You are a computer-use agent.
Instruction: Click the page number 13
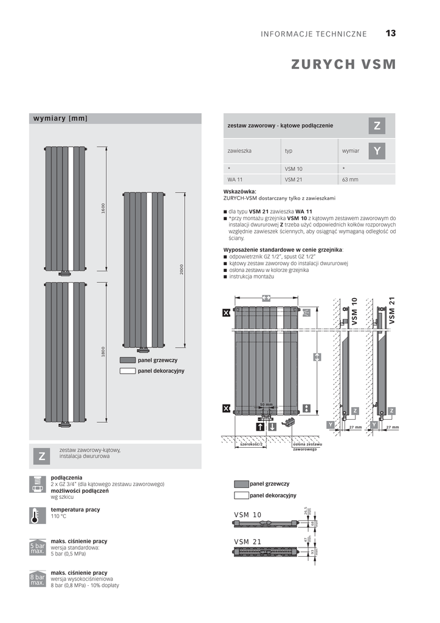click(390, 33)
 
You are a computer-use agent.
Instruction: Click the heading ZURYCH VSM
click(343, 64)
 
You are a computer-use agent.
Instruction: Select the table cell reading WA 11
click(235, 179)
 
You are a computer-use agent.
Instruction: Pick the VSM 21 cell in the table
click(294, 179)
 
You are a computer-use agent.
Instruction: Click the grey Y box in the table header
click(377, 150)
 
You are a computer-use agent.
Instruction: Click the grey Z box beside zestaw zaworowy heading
click(377, 126)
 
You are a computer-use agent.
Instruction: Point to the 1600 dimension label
click(103, 208)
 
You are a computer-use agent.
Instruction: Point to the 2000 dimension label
click(181, 270)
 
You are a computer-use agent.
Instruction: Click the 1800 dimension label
click(103, 352)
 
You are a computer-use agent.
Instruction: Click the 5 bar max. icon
click(37, 547)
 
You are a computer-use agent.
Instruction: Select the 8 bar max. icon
click(37, 579)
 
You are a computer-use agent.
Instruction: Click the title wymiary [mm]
click(60, 118)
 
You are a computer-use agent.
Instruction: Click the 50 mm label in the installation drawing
click(266, 404)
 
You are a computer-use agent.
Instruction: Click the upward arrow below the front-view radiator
click(260, 427)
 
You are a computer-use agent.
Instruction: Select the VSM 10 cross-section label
click(247, 515)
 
